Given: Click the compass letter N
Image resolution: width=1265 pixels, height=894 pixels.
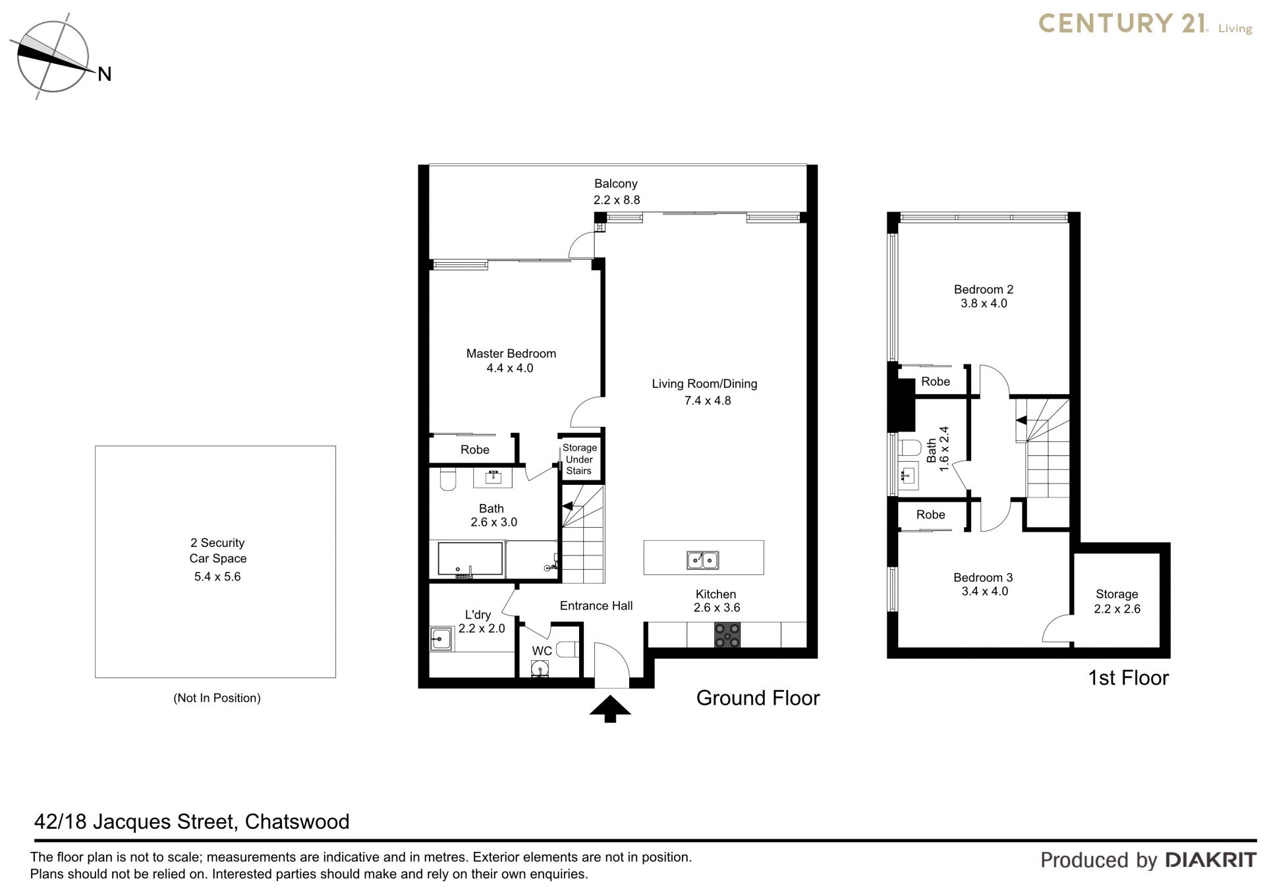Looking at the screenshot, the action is tap(104, 74).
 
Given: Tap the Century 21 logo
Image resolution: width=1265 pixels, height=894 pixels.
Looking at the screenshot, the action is tap(1145, 24).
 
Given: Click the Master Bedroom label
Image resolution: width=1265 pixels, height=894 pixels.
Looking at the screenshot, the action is tap(511, 354).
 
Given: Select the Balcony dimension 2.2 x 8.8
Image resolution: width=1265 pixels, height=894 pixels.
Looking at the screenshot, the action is tap(616, 200).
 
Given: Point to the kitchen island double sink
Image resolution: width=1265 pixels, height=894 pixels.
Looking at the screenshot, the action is tap(703, 560).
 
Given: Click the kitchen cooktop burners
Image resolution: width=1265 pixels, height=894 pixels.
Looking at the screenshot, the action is tap(727, 635).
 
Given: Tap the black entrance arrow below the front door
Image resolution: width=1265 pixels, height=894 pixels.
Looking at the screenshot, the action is tap(610, 709).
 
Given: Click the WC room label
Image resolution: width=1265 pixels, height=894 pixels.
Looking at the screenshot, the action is tap(542, 651).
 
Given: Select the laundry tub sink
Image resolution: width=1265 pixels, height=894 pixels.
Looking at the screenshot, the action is tap(441, 638).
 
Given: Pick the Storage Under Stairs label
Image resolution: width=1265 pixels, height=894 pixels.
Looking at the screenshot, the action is tap(579, 459).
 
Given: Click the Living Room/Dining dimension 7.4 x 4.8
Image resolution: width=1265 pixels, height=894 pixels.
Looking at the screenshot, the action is tap(708, 400).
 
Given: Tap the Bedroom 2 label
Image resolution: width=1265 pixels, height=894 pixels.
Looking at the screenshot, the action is tap(984, 289).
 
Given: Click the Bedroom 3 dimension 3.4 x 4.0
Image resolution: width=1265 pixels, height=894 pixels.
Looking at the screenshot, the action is tap(984, 591).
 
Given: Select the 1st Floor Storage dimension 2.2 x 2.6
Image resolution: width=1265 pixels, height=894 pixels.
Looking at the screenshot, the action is tap(1117, 609).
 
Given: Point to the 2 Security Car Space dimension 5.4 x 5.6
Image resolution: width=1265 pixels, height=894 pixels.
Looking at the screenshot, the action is tap(217, 576).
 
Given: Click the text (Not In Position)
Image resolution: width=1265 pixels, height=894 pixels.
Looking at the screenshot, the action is tap(217, 698).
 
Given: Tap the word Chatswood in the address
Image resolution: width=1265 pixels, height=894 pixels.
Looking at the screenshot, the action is tap(297, 822).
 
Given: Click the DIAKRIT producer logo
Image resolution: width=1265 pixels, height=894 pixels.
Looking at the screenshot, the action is tap(1211, 860).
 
